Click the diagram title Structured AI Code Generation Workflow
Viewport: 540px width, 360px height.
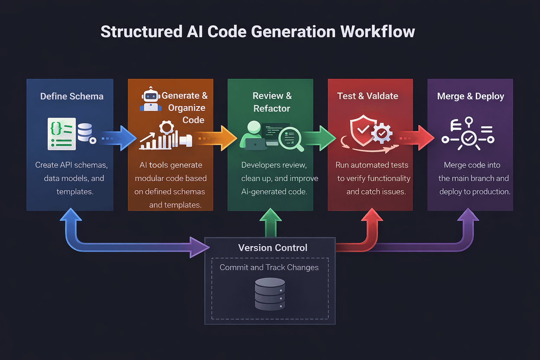[x=258, y=32]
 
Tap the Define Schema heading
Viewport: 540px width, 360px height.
[x=72, y=96]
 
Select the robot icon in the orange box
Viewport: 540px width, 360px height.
[x=151, y=99]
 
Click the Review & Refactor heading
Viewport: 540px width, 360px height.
[x=272, y=102]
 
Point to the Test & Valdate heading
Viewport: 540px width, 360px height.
[x=367, y=96]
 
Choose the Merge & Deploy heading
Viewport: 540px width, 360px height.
[x=470, y=96]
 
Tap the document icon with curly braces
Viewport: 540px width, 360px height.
[x=62, y=134]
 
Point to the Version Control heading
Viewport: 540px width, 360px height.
[x=272, y=248]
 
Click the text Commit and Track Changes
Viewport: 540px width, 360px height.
[x=269, y=268]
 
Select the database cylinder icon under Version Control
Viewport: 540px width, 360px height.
[x=270, y=294]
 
